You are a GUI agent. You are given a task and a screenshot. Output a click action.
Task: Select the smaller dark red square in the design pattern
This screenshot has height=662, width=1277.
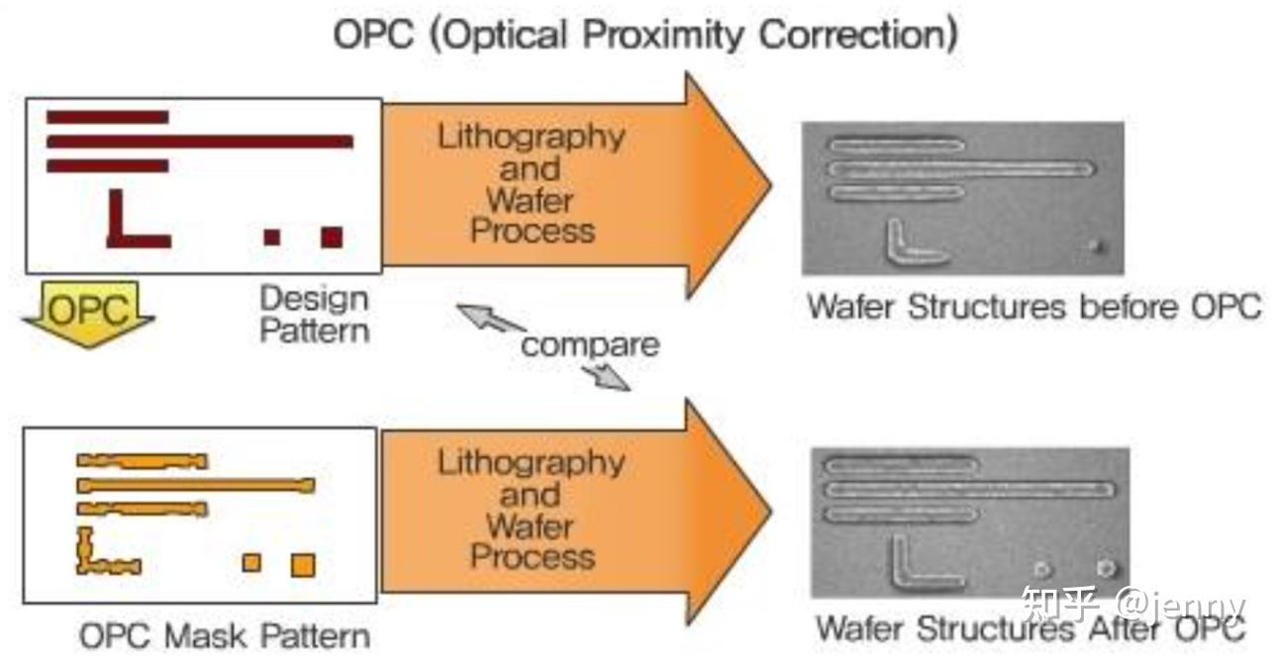[x=271, y=236]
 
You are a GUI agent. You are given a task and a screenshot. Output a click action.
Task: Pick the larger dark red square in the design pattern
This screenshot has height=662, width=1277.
[x=332, y=236]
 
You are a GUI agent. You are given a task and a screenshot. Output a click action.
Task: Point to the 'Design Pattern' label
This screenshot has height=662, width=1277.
[x=314, y=313]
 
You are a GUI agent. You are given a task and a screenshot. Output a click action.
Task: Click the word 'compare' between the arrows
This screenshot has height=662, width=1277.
[x=590, y=345]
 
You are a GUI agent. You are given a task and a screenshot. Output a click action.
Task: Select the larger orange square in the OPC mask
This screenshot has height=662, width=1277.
[x=303, y=565]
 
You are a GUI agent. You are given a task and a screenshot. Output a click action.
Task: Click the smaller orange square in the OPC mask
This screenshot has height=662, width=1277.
[x=252, y=562]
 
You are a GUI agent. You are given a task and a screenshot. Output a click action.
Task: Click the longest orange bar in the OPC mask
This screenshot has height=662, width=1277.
[x=196, y=486]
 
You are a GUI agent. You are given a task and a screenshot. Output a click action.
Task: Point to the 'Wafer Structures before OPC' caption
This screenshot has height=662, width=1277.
[x=1033, y=307]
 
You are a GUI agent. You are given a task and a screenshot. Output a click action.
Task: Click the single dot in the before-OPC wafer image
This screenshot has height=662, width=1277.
[x=1094, y=244]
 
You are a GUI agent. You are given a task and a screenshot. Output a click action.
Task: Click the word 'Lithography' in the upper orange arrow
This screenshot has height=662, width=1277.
[x=532, y=137]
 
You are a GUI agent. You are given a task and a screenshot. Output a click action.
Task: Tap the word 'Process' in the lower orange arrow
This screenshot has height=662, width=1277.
[x=533, y=556]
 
